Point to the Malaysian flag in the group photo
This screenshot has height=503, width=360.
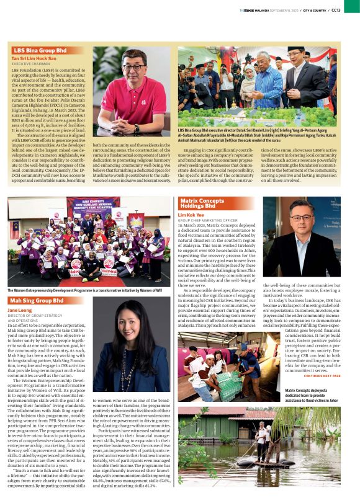pos(14,229)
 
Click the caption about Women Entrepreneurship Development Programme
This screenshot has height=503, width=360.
pos(84,290)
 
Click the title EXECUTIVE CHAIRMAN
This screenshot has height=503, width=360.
pos(30,64)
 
